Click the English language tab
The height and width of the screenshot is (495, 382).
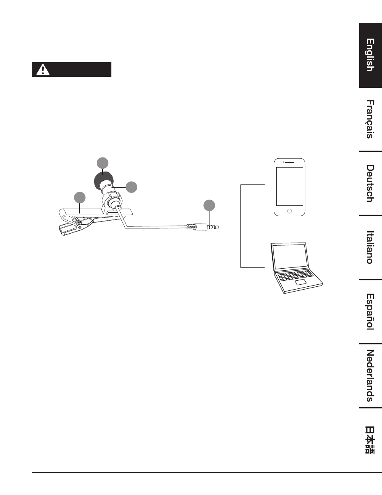(x=370, y=55)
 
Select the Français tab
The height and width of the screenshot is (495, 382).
(x=370, y=119)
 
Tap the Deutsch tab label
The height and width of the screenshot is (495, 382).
(x=370, y=183)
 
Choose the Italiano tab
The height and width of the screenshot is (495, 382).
(x=370, y=247)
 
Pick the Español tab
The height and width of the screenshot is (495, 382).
(x=370, y=312)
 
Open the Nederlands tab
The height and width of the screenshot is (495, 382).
(x=370, y=376)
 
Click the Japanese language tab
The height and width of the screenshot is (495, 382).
(x=370, y=440)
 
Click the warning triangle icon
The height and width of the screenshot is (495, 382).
(x=43, y=70)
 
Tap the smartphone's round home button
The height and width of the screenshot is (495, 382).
(x=290, y=211)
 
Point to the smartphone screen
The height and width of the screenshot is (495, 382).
(x=290, y=186)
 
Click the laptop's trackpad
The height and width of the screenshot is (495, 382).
(x=301, y=282)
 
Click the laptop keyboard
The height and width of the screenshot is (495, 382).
(x=296, y=275)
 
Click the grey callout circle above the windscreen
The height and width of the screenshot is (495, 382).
(x=103, y=163)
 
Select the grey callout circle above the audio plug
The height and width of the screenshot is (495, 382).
(x=209, y=205)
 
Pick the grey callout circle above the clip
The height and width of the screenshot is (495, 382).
(x=80, y=197)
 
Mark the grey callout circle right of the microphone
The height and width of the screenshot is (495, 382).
(x=131, y=187)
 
